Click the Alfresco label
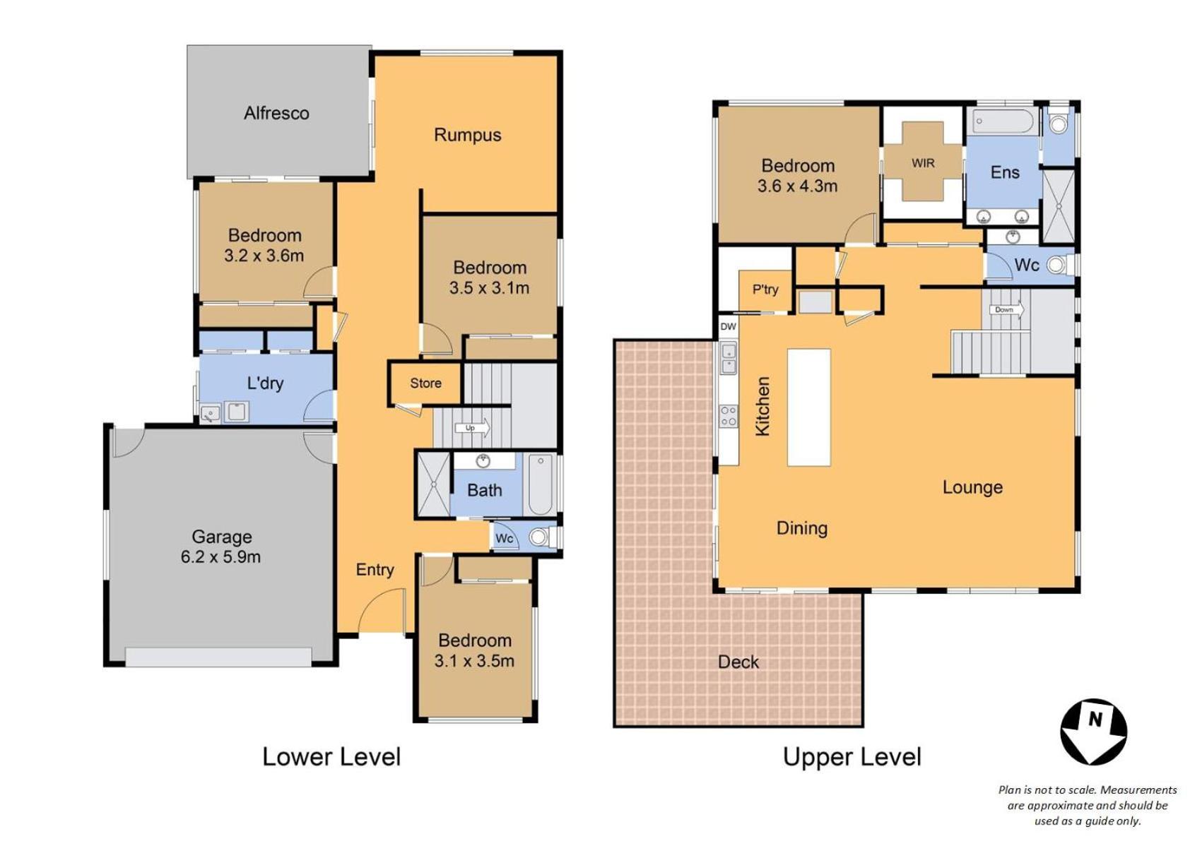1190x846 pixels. click(x=276, y=113)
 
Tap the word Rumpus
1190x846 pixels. click(x=468, y=136)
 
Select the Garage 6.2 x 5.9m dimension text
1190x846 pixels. click(x=220, y=557)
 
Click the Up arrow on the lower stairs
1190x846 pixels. click(x=472, y=428)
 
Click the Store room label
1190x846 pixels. click(x=425, y=383)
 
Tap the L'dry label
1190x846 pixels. click(x=265, y=383)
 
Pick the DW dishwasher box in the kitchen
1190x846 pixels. click(x=728, y=326)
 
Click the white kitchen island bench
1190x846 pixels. click(x=808, y=407)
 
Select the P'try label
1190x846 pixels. click(x=765, y=290)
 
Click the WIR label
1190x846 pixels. click(x=923, y=163)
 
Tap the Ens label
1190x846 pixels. click(x=1005, y=172)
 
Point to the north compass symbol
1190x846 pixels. click(x=1093, y=732)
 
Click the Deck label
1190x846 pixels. click(x=738, y=662)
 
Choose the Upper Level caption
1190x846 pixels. click(x=852, y=757)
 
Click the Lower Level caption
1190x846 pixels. click(x=331, y=757)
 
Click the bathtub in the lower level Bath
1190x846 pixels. click(x=541, y=484)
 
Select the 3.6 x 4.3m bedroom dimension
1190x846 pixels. click(x=797, y=186)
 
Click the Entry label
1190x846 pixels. click(x=375, y=570)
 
